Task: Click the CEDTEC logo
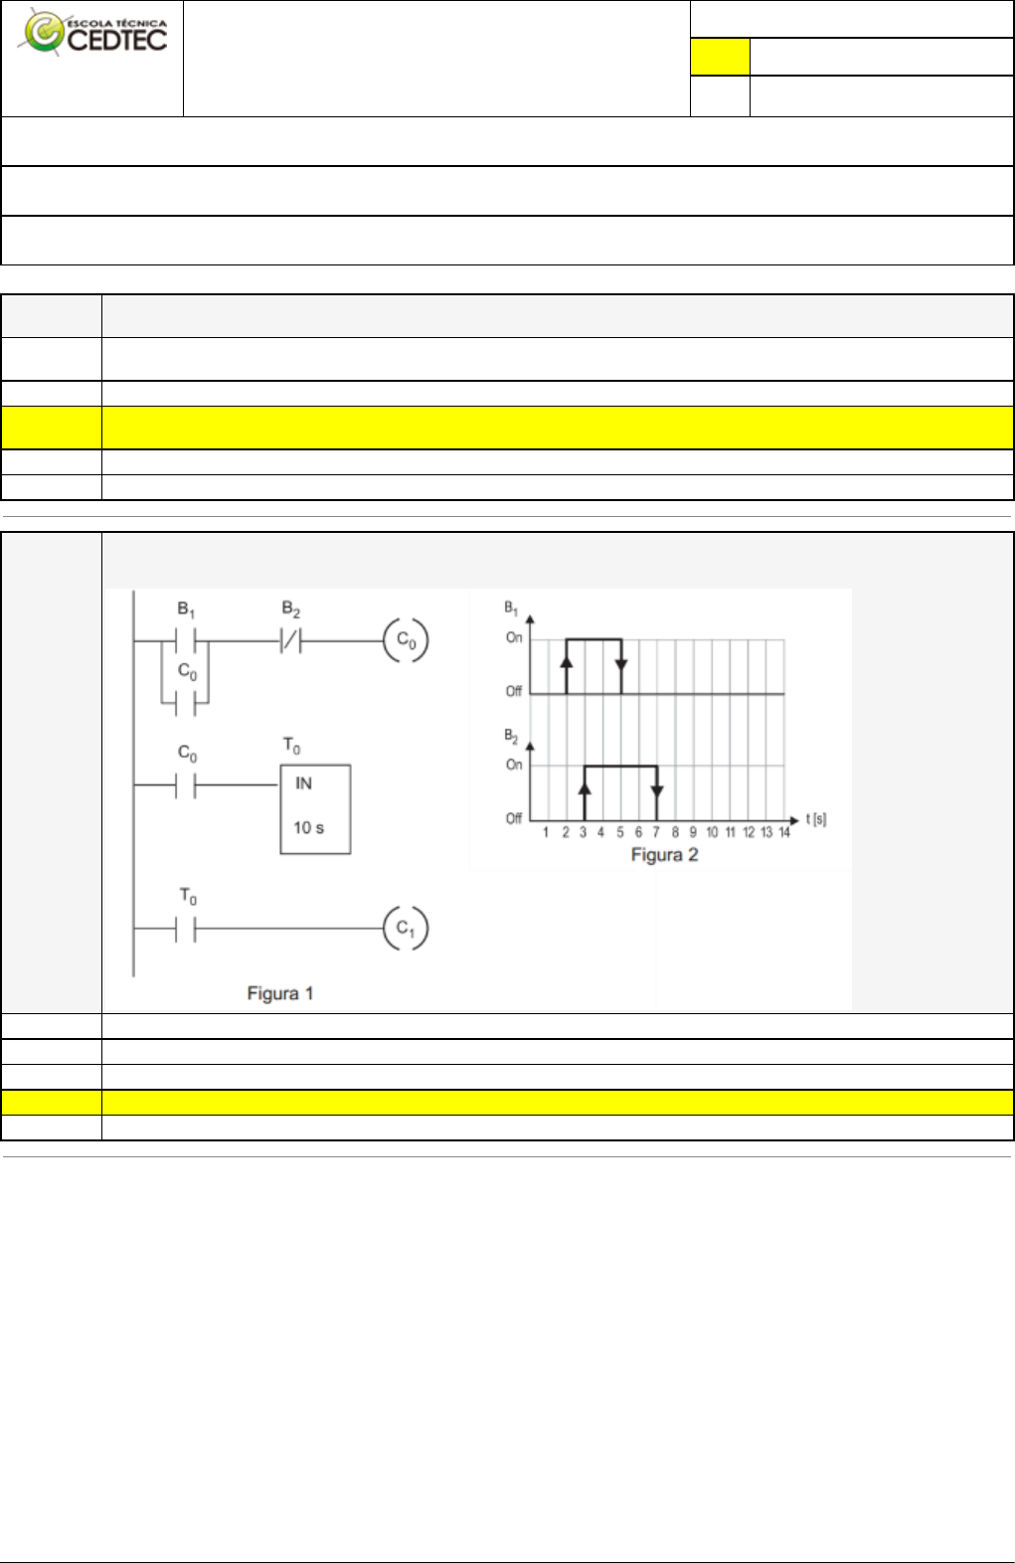click(94, 34)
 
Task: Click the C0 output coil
click(407, 640)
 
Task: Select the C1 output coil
click(406, 928)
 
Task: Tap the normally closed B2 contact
click(290, 641)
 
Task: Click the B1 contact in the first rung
click(186, 641)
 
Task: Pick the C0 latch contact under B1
click(186, 702)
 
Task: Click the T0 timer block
click(315, 808)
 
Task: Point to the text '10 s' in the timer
click(308, 827)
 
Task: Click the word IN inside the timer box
click(303, 783)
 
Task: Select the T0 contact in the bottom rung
click(186, 929)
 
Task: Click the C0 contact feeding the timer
click(186, 785)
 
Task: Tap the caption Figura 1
click(280, 993)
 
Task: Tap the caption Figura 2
click(664, 855)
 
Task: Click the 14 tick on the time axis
click(784, 832)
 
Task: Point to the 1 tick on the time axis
click(546, 832)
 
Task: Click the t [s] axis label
click(815, 819)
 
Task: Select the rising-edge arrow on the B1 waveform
click(567, 661)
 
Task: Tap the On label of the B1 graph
click(514, 637)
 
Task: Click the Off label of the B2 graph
click(514, 818)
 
